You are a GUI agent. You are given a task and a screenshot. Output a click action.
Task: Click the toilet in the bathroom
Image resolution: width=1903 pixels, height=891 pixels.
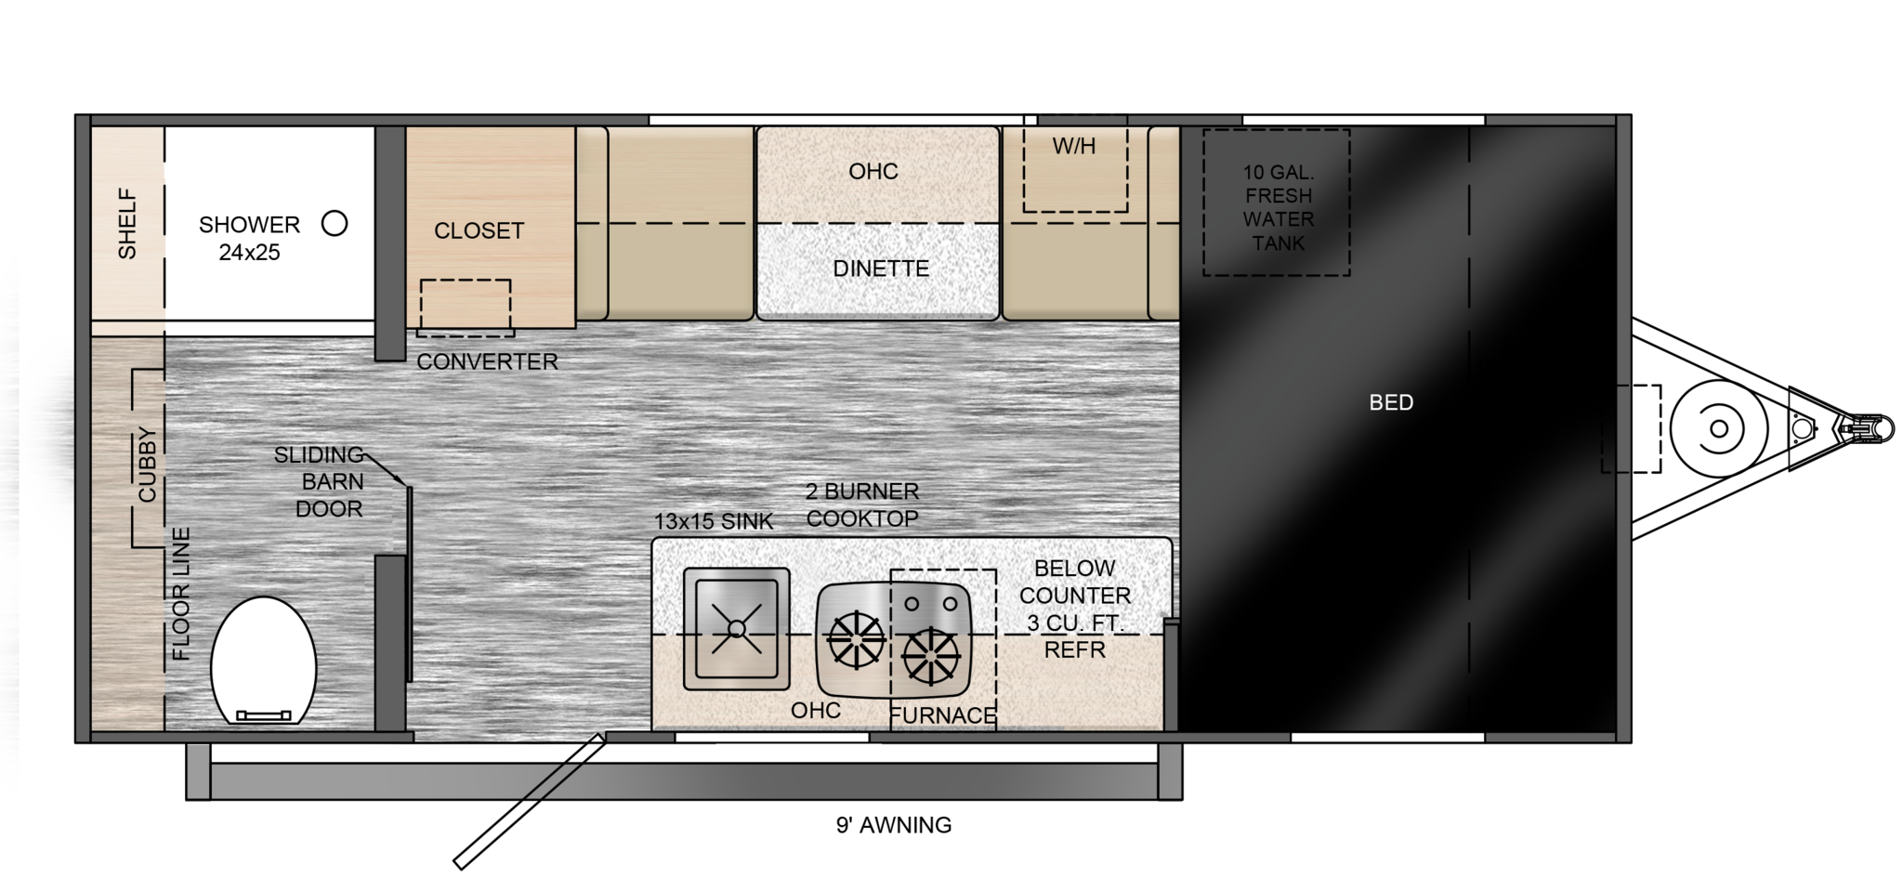tap(264, 660)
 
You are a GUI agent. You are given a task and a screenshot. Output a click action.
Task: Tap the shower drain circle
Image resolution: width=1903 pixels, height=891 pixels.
tap(335, 223)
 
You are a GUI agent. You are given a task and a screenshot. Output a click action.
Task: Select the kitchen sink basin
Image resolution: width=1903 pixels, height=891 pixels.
tap(736, 629)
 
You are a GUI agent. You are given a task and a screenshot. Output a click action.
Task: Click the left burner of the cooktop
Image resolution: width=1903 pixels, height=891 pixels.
tap(856, 640)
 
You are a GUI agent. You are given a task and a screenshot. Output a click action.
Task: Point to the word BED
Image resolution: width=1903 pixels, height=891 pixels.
tap(1391, 402)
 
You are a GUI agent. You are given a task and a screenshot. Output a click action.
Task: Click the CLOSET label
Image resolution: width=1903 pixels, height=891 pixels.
tap(479, 230)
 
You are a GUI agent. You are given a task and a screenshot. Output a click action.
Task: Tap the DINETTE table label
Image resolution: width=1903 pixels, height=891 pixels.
tap(881, 269)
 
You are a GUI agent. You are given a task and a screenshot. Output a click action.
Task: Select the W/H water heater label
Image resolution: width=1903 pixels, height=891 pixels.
tap(1074, 146)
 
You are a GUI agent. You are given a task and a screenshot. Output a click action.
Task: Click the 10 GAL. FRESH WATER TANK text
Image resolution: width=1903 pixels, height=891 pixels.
tap(1279, 207)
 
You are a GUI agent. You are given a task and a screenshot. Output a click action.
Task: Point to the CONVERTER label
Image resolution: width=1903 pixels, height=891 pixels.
tap(487, 361)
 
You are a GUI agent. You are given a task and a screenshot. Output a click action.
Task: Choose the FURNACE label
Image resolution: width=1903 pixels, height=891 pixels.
tap(943, 715)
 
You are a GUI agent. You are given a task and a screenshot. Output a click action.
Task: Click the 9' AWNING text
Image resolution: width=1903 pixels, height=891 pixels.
tap(894, 825)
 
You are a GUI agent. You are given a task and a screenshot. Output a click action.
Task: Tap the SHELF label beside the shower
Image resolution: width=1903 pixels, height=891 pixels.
tap(127, 224)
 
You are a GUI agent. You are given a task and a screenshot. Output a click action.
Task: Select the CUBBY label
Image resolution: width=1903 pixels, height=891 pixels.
tap(148, 465)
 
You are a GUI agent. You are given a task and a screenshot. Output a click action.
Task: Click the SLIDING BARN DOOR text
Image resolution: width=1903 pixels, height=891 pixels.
tap(319, 481)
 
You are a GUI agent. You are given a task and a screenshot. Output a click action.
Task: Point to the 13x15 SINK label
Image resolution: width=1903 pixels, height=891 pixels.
tap(714, 521)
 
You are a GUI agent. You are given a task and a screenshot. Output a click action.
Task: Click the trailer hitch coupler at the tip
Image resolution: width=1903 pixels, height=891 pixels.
tap(1868, 429)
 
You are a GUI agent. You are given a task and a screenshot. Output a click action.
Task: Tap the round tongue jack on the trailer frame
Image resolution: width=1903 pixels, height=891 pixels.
tap(1719, 428)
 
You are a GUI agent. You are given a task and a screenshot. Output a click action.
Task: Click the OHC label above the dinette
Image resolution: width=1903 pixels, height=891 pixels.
tap(873, 171)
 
